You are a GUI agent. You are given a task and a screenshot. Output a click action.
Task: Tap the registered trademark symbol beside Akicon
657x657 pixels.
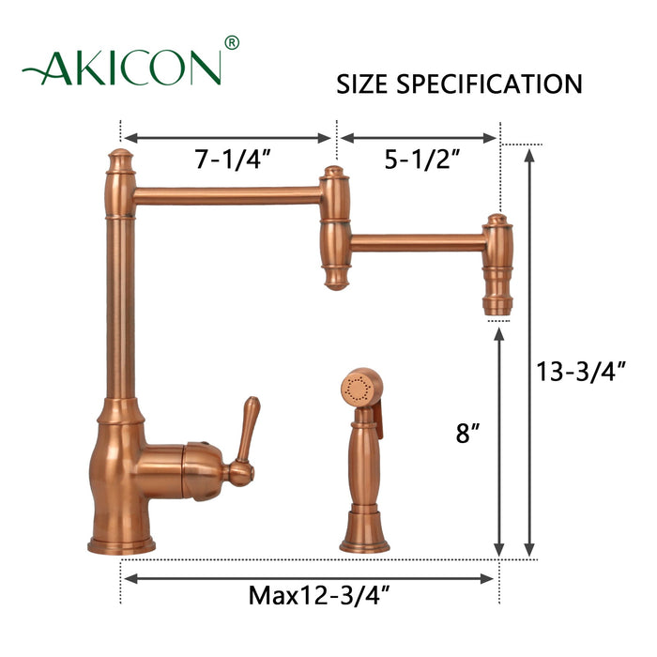pos(233,43)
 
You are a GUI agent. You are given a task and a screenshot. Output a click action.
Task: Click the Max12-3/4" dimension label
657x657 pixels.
pos(310,595)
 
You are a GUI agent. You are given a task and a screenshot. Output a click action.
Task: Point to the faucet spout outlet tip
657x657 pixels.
pos(497,305)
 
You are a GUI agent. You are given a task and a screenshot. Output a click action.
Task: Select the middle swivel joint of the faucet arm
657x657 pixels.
pos(333,228)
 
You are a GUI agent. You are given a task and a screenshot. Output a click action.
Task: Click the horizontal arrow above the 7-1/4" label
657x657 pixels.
pos(228,137)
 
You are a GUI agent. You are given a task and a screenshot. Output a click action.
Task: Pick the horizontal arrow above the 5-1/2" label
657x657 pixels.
pos(419,137)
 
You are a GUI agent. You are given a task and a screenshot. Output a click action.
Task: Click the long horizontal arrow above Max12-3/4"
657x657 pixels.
pos(309,578)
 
